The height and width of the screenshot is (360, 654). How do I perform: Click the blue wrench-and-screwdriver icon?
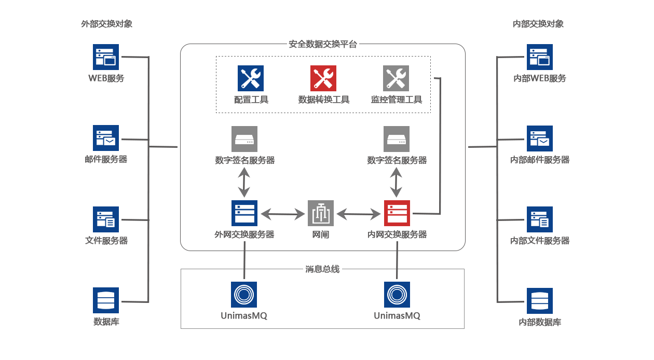pos(250,78)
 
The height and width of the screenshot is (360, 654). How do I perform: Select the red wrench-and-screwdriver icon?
pos(323,78)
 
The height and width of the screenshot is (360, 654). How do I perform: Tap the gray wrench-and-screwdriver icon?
pos(396,78)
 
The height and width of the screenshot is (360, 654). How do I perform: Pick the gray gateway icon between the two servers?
pos(320,213)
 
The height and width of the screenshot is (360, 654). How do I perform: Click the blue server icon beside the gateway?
pos(244,213)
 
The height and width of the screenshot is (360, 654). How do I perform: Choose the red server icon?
pos(396,213)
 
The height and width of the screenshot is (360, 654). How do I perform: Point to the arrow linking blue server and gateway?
pos(282,214)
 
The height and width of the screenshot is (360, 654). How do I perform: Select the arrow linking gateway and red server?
pos(359,214)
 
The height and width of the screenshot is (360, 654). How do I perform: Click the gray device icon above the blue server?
pos(244,139)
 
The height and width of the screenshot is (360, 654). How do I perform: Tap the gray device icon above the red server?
pos(396,139)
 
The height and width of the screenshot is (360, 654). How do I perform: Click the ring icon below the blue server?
pos(244,295)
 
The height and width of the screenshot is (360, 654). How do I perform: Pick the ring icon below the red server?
pos(397,295)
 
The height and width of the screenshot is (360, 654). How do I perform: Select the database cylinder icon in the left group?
pos(105,300)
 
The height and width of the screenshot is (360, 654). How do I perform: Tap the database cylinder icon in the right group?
pos(539,300)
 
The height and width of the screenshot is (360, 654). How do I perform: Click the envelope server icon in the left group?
pos(105,137)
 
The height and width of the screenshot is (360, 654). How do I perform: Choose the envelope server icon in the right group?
pos(539,138)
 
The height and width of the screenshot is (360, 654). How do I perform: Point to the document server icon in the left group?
pos(105,219)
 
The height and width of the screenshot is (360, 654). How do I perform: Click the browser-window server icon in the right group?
pos(539,57)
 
